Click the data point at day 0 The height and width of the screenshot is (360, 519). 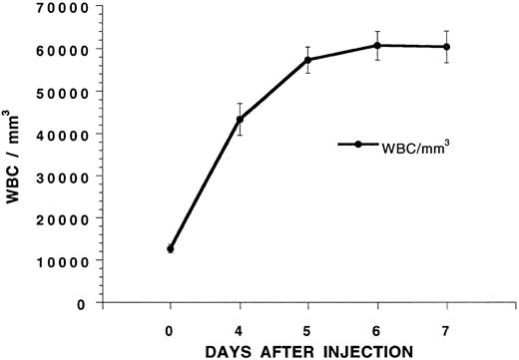click(x=171, y=249)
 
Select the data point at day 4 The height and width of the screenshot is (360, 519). click(x=240, y=120)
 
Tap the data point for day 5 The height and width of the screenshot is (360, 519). click(x=308, y=60)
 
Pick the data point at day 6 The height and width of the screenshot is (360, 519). click(x=377, y=46)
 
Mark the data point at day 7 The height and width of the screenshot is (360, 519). click(x=446, y=47)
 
